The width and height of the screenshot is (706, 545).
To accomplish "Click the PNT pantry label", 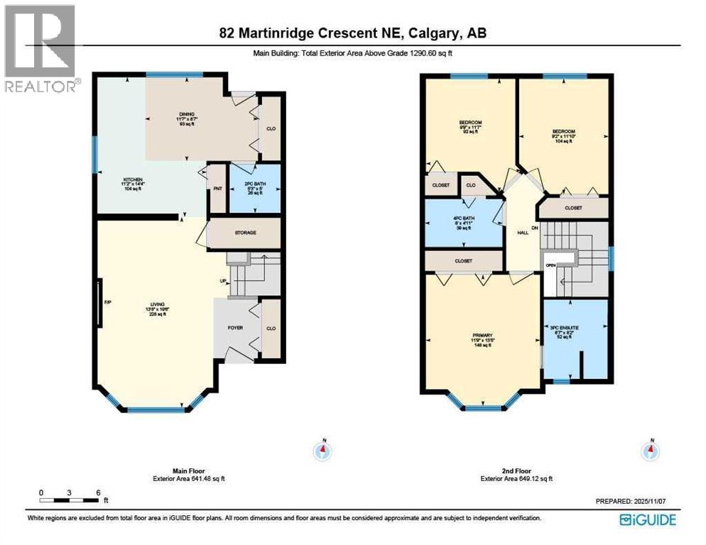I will [216, 189].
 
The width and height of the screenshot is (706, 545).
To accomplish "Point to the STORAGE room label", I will [245, 233].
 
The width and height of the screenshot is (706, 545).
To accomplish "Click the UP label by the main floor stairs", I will [223, 282].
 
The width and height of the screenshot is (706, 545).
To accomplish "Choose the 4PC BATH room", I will [463, 219].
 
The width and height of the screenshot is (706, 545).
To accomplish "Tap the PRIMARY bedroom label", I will [483, 336].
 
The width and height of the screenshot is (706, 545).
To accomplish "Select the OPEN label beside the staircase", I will [550, 265].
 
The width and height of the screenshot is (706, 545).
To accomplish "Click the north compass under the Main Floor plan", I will [323, 448].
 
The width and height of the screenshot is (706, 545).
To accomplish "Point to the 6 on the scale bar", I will [98, 492].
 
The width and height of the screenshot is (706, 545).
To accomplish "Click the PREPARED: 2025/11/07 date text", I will [634, 501].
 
